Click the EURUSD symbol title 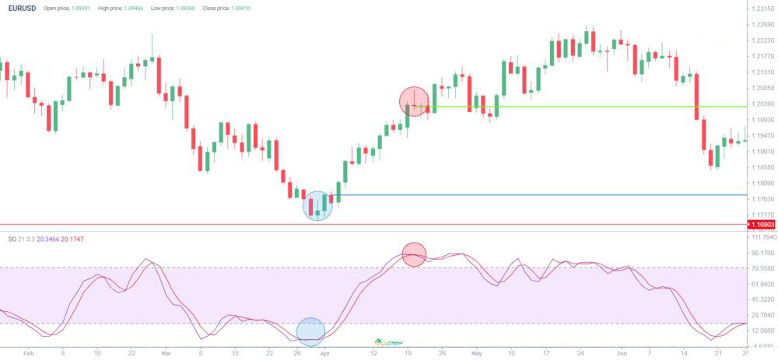coord(22,8)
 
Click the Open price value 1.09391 coord(77,9)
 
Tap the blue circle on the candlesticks coord(317,205)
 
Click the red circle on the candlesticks coord(414,102)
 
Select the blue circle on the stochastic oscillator coord(310,331)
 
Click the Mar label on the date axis coord(166,353)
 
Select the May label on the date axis coord(475,353)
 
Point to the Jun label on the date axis coord(622,353)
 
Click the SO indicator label coord(12,239)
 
